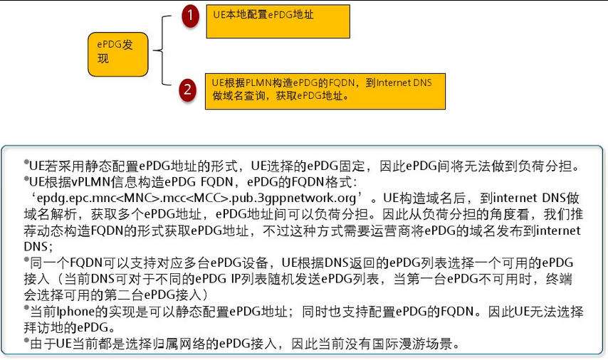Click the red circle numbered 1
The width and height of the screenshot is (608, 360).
[189, 16]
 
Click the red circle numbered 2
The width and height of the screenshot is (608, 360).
[187, 90]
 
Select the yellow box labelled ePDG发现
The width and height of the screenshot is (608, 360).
[118, 53]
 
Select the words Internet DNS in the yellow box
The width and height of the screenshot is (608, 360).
[404, 83]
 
